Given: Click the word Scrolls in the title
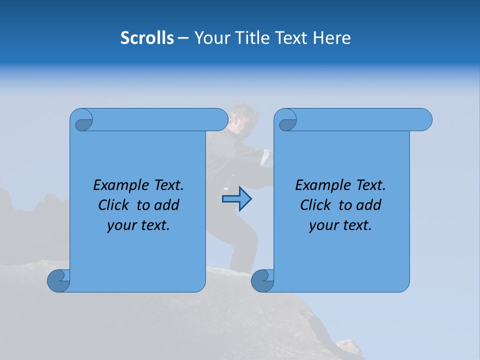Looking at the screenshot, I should point(147,38).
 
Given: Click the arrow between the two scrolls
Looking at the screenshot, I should point(236,199).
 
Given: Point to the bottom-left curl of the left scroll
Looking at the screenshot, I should point(58,280).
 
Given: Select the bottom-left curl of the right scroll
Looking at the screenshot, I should point(262,280).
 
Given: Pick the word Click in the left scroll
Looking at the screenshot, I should point(114,205).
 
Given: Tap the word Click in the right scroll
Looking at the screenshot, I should point(316,205).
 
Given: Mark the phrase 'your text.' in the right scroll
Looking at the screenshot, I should point(340,225).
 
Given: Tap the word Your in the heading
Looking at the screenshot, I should point(210,38).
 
